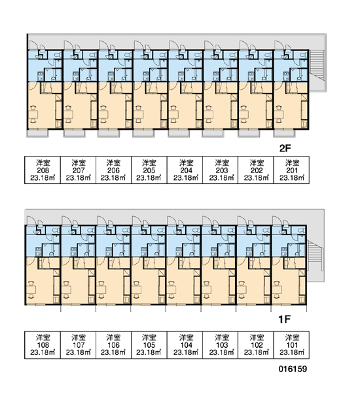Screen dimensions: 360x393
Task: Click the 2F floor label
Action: pyautogui.click(x=285, y=149)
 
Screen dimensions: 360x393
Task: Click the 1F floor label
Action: pyautogui.click(x=284, y=320)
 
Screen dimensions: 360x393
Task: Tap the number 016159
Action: pyautogui.click(x=293, y=369)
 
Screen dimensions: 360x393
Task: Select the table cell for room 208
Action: pyautogui.click(x=43, y=170)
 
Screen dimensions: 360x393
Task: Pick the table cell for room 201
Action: pyautogui.click(x=291, y=170)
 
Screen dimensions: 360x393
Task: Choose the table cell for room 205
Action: pyautogui.click(x=149, y=170)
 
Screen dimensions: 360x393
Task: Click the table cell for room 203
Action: pyautogui.click(x=220, y=170)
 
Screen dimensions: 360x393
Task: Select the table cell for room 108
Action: pyautogui.click(x=43, y=345)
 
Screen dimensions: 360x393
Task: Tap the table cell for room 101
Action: pyautogui.click(x=291, y=345)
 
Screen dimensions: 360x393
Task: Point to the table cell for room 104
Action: pyautogui.click(x=185, y=345)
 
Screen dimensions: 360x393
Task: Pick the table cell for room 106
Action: pyautogui.click(x=113, y=345)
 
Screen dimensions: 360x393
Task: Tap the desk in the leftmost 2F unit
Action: pyautogui.click(x=33, y=115)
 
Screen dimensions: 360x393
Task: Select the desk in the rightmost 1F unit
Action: pyautogui.click(x=277, y=290)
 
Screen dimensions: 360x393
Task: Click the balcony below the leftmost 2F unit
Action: pyautogui.click(x=37, y=134)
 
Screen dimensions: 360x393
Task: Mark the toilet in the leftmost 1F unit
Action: pyautogui.click(x=57, y=230)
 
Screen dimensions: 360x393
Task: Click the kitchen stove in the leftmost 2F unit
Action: pyautogui.click(x=40, y=75)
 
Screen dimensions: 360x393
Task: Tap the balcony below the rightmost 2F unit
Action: pyautogui.click(x=284, y=134)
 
